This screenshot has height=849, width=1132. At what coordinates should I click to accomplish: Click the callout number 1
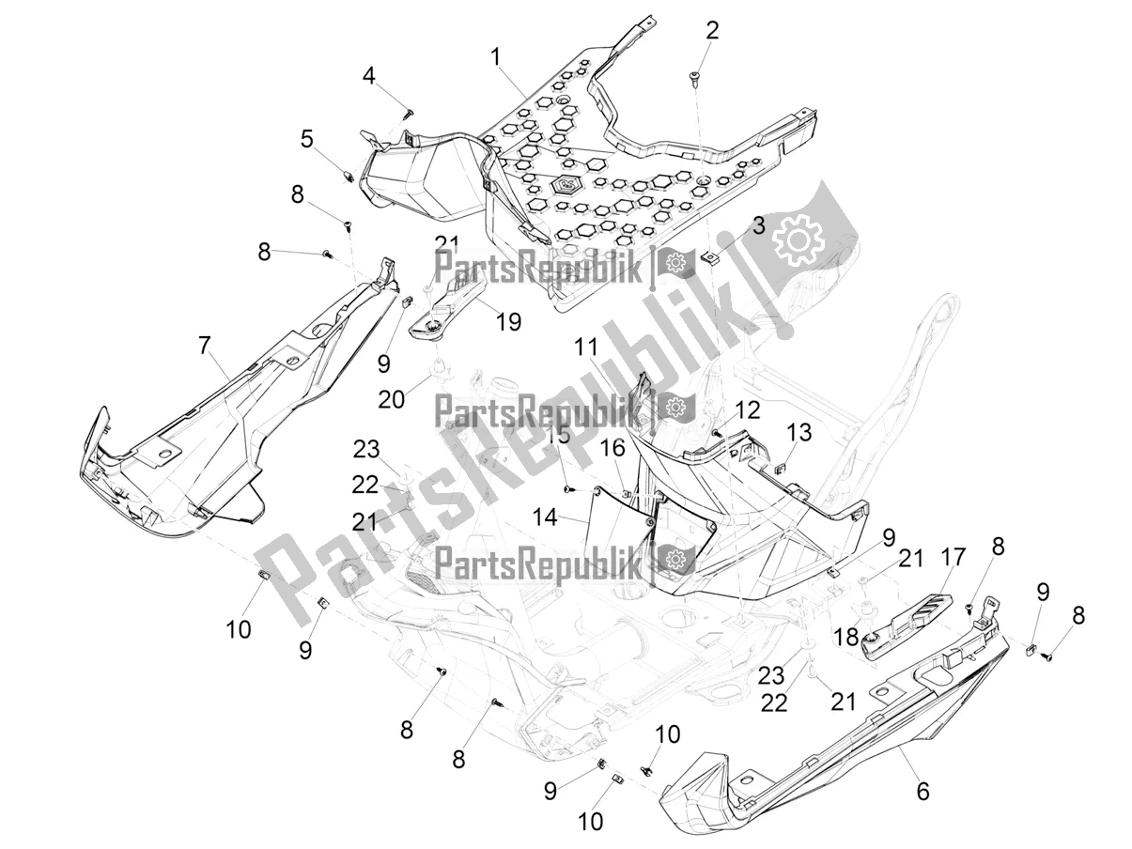(x=494, y=57)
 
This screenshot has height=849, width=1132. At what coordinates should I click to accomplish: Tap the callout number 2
(x=713, y=30)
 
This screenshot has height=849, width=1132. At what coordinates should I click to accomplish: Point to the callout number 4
(x=370, y=76)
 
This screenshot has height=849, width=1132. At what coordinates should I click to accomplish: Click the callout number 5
(x=307, y=140)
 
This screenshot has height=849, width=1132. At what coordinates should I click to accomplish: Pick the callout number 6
(x=923, y=792)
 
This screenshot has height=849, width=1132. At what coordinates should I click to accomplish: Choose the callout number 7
(x=204, y=346)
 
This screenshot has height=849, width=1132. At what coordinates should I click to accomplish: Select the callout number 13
(x=799, y=432)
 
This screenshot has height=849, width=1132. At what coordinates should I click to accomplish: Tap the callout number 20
(x=391, y=399)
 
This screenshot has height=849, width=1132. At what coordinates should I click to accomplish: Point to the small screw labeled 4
(x=409, y=113)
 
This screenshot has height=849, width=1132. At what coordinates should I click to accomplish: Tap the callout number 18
(x=846, y=637)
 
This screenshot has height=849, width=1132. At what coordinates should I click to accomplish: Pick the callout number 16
(x=612, y=450)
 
